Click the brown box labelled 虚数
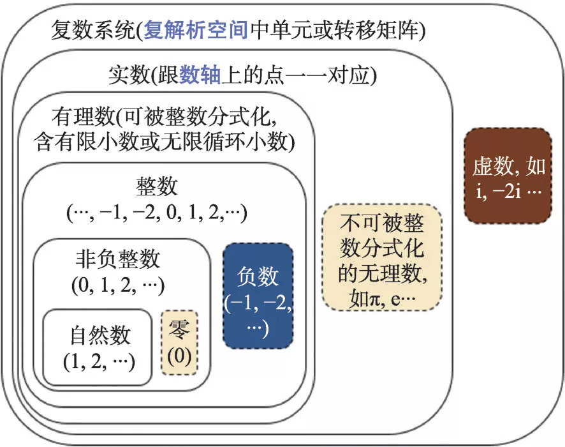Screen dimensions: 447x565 point(508,176)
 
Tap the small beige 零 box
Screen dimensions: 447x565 point(179,343)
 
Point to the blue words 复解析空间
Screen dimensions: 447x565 point(196,30)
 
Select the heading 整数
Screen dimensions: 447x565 point(157,188)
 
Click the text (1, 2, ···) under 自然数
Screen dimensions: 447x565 point(99,361)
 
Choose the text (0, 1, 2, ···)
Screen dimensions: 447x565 point(119,284)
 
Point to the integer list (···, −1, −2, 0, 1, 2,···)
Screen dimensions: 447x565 point(157,212)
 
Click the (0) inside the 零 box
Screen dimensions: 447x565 point(179,355)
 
